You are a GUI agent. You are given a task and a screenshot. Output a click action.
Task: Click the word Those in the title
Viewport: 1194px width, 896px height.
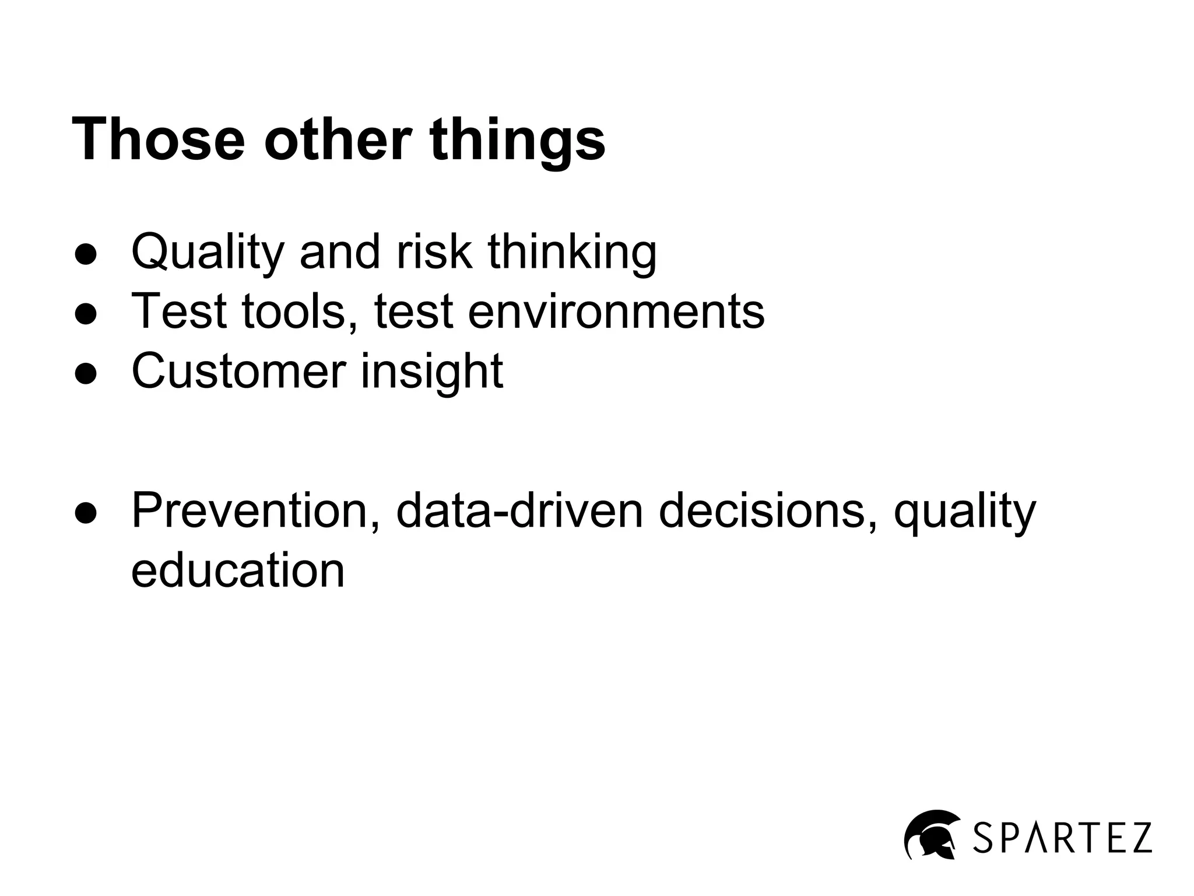[x=158, y=139]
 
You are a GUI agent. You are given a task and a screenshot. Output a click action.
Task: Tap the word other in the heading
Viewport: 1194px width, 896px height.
[x=338, y=139]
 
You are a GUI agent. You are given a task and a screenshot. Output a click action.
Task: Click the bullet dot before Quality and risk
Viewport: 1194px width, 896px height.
[x=86, y=255]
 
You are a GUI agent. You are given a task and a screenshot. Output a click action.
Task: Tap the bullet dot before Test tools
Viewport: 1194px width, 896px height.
[x=86, y=314]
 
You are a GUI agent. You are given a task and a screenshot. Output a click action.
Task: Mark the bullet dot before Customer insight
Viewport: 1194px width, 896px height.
[x=86, y=374]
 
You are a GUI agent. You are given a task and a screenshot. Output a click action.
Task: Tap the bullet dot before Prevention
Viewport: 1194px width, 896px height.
[x=86, y=513]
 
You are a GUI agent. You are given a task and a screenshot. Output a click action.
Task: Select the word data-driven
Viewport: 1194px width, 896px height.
[x=519, y=510]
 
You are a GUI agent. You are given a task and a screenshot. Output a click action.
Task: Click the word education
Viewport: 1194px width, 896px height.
[x=238, y=570]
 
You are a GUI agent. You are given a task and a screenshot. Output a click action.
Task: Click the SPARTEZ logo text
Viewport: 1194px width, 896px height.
[x=1062, y=838]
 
